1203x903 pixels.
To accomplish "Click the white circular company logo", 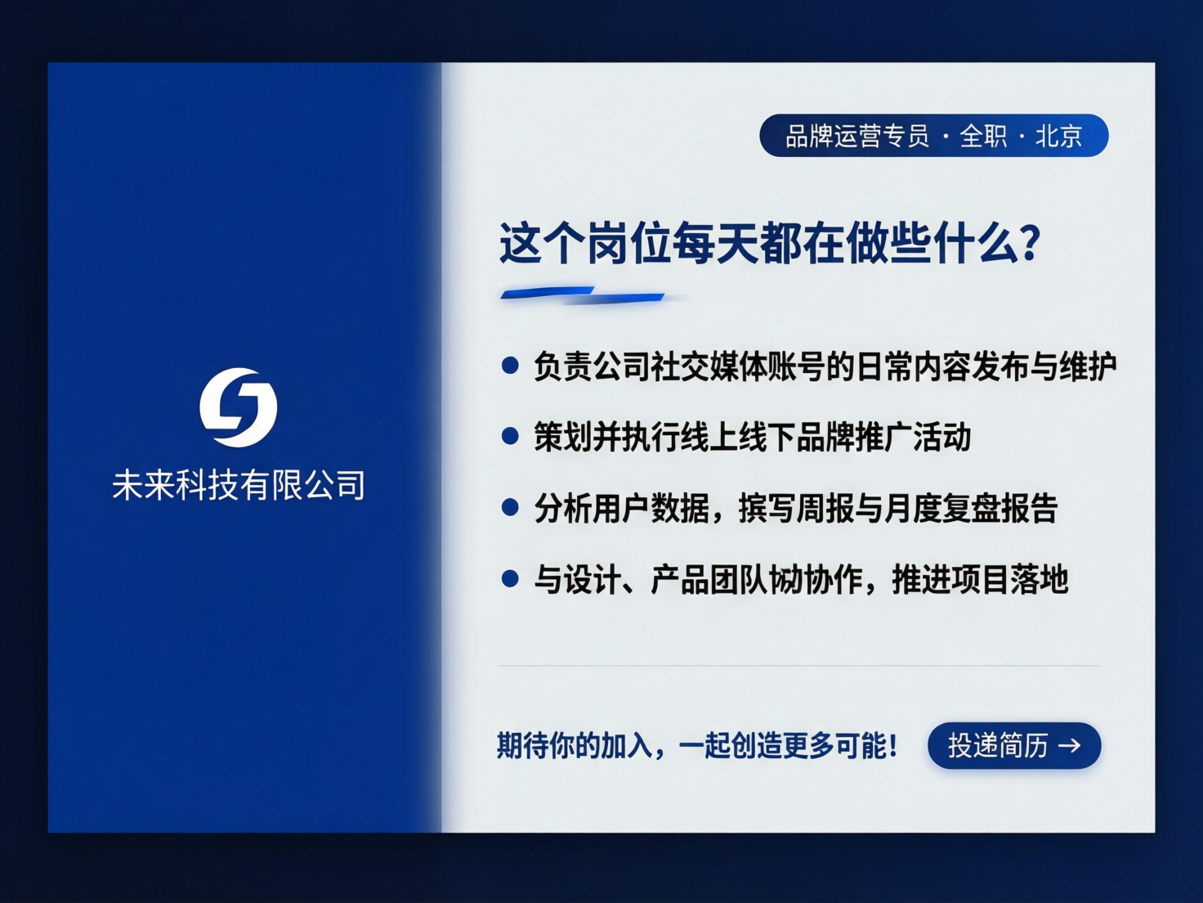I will pos(239,407).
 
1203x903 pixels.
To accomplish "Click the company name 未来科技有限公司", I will pos(239,485).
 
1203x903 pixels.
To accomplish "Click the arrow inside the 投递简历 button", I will pos(1070,745).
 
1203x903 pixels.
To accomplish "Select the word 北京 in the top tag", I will pos(1059,136).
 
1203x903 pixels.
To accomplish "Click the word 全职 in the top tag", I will pos(983,136).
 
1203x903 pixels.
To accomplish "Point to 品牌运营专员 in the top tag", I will pos(857,136).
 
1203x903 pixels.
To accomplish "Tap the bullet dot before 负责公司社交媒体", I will pos(510,366).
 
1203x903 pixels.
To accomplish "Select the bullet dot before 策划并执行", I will pos(510,437).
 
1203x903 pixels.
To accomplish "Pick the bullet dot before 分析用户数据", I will pos(510,508).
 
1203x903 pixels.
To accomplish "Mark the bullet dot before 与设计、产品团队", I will pos(510,579).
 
